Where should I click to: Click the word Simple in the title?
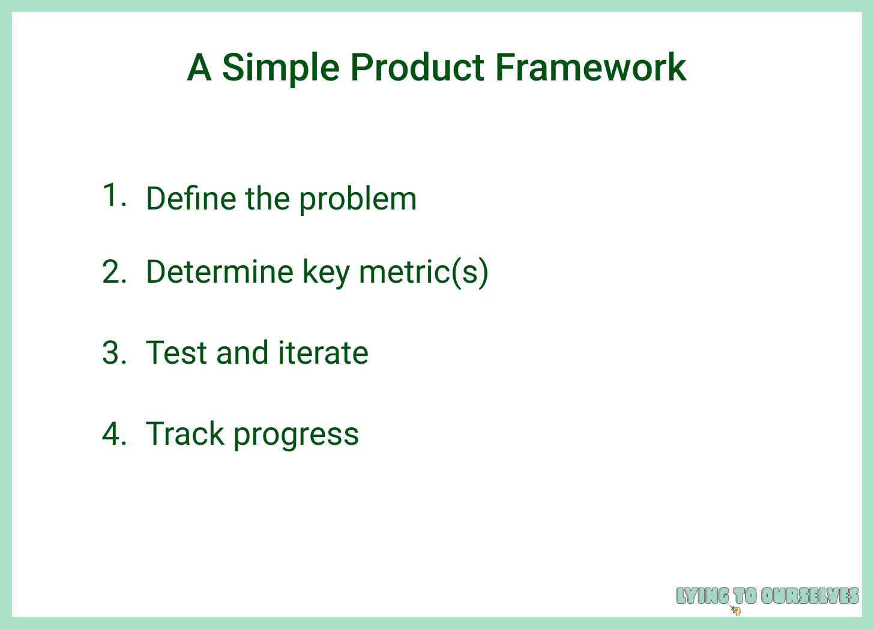281,68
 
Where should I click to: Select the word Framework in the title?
591,67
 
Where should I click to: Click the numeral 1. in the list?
114,194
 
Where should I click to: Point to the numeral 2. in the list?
114,271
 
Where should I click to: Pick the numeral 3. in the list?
114,353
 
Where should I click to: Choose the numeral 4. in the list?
114,433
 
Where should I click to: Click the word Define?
191,198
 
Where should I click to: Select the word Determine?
220,271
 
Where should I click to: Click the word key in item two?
326,274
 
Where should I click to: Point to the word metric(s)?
424,273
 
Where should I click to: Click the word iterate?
324,353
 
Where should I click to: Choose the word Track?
185,433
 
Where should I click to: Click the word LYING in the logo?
702,596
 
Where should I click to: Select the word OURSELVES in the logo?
810,596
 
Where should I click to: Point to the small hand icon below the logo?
735,610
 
